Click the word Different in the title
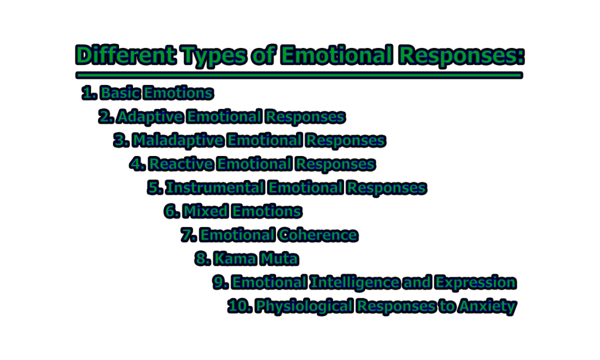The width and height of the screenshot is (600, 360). coord(126,55)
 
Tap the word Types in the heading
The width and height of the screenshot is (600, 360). coord(214,56)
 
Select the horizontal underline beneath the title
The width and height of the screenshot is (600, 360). coord(299,75)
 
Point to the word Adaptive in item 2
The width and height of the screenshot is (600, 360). coord(150,117)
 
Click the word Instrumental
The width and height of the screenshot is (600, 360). coord(215,188)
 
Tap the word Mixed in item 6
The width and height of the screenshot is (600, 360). coord(205,212)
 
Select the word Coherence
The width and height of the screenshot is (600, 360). coord(318,235)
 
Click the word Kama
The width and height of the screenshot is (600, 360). coord(234,259)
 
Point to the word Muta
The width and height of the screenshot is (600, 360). coord(279,259)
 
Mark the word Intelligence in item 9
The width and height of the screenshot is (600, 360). coord(354,283)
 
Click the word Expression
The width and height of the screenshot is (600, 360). coord(476,283)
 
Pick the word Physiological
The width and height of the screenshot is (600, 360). coord(304,307)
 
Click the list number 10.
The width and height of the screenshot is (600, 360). coord(240,306)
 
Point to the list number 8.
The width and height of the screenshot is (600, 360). coord(202,259)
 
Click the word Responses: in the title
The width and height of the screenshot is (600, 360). coord(461,56)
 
